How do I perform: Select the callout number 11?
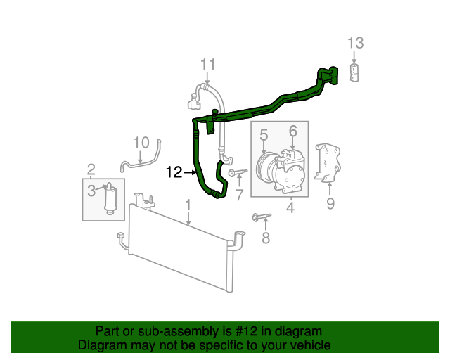(x=207, y=65)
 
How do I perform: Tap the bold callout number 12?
(x=174, y=171)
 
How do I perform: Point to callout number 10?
(x=141, y=143)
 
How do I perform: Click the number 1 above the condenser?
(x=188, y=205)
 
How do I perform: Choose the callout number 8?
(x=265, y=238)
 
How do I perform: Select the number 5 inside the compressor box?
(x=264, y=133)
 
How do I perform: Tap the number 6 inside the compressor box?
(x=292, y=131)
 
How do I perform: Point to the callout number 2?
(x=91, y=169)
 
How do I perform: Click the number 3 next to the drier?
(x=91, y=190)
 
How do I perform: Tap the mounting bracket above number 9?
(x=329, y=163)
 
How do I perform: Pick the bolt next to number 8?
(x=260, y=217)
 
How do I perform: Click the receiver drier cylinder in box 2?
(x=110, y=200)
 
